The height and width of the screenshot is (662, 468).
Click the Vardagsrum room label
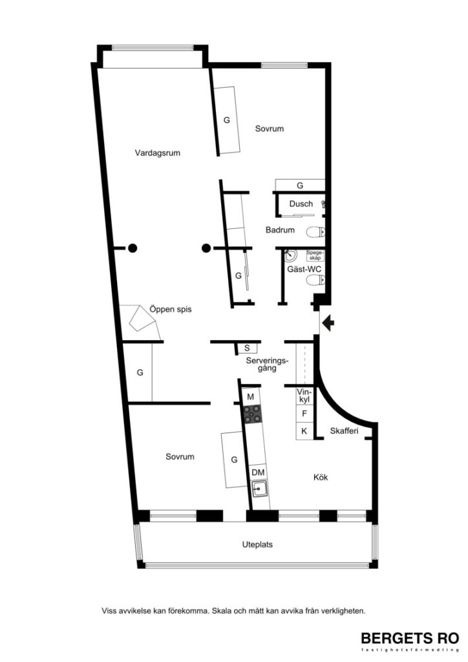[x=157, y=154]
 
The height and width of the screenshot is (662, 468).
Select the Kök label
[x=321, y=478]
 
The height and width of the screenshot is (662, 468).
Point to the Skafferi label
[x=344, y=431]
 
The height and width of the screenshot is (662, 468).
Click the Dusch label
[x=301, y=204]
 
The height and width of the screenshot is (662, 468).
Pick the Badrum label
[x=280, y=230]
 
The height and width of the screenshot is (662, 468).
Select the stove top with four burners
[x=251, y=413]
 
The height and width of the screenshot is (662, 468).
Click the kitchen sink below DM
[x=260, y=489]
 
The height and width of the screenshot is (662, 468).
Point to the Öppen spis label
[x=171, y=309]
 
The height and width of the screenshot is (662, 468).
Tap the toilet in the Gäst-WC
[x=314, y=280]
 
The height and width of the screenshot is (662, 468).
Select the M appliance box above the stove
[x=250, y=396]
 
